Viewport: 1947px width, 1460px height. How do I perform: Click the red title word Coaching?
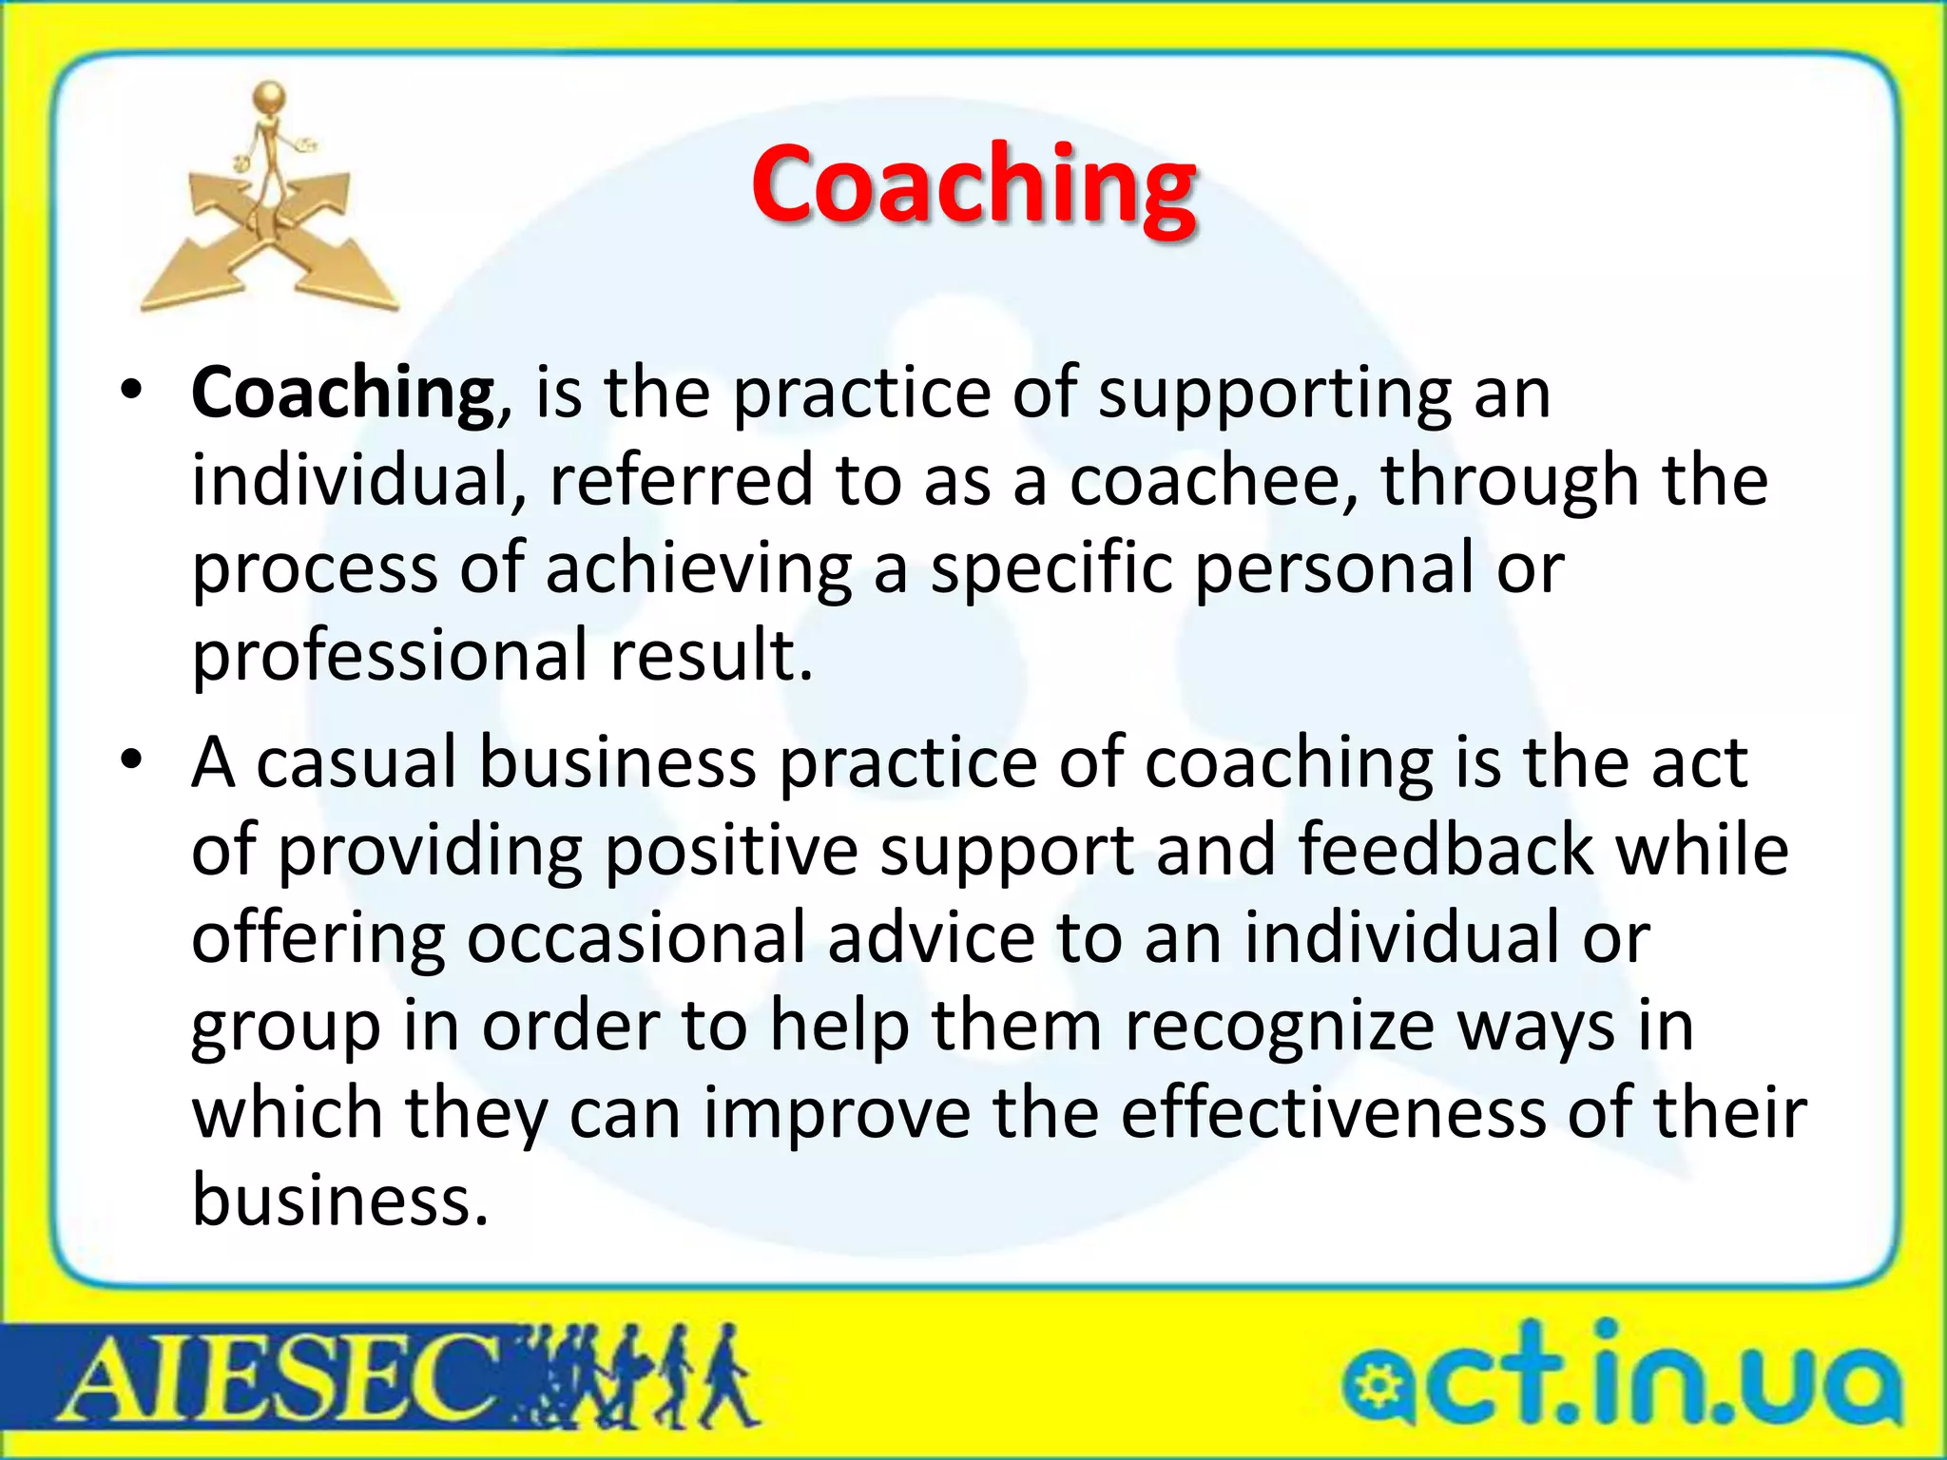coord(973,185)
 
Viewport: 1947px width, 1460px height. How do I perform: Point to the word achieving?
coord(699,568)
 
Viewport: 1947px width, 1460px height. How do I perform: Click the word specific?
coord(1051,568)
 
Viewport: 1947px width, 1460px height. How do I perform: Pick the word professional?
coord(390,656)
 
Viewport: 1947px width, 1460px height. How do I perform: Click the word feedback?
coord(1445,849)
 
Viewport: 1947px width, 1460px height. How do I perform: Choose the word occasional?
coord(637,937)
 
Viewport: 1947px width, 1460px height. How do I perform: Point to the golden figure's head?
coord(271,97)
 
